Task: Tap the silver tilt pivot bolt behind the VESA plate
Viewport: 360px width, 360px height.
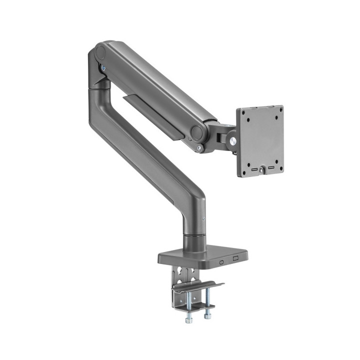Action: point(233,140)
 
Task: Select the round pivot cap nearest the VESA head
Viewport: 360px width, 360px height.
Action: point(197,132)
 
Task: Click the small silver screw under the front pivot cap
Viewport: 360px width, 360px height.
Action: point(200,148)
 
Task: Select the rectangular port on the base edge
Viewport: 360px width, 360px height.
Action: point(236,259)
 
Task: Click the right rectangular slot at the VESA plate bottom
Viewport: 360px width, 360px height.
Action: point(270,168)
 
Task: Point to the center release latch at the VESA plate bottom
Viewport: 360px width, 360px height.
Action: point(261,171)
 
